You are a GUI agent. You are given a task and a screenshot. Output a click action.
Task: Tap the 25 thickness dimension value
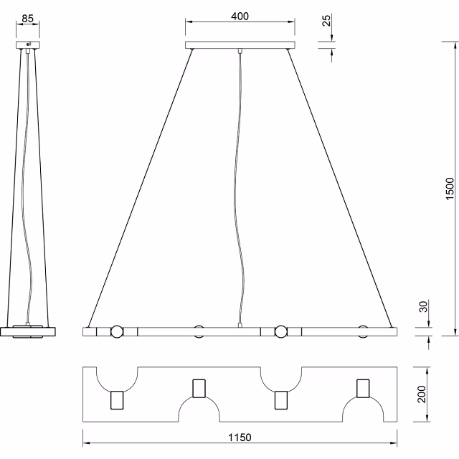coord(327,19)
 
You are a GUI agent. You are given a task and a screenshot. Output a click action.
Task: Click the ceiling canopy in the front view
coord(240,45)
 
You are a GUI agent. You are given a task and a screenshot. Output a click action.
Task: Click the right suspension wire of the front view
coord(341,186)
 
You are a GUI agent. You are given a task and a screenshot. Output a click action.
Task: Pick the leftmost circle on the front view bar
coord(116,331)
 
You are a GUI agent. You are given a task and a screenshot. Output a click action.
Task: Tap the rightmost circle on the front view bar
coord(363,331)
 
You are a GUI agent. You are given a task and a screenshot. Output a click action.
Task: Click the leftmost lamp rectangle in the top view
coord(116,399)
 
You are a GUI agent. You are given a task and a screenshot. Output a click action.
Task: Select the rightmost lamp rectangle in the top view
coord(363,387)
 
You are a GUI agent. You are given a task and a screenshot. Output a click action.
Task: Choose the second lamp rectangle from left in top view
coord(199,387)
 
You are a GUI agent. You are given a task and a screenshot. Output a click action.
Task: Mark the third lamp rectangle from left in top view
coord(281,399)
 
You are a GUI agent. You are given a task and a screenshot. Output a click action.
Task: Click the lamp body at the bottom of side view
coord(29,331)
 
